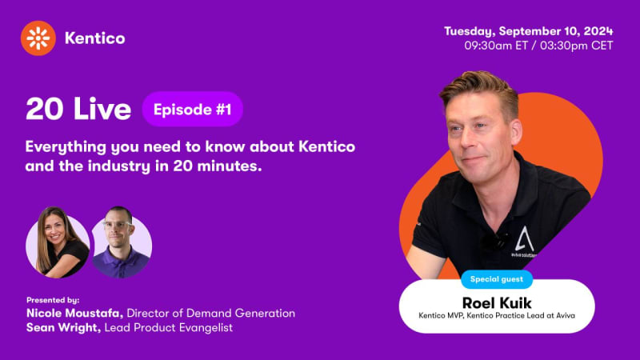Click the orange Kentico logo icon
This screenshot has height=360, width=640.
click(38, 38)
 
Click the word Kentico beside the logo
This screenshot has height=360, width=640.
click(94, 38)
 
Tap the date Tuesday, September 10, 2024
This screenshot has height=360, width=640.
click(529, 31)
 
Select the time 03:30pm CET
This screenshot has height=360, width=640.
click(576, 46)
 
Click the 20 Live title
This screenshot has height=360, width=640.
click(78, 109)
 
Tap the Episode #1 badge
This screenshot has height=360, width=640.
click(192, 110)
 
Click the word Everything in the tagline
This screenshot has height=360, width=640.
click(66, 147)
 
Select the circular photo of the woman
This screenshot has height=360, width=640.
click(58, 242)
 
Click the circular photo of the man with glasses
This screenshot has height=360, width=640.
click(122, 242)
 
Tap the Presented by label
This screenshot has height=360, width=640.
click(53, 300)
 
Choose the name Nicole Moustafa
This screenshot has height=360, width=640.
click(74, 314)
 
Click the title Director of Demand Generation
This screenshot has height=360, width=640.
click(211, 314)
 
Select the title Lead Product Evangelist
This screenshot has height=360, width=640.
click(169, 328)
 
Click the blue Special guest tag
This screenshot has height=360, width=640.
click(497, 279)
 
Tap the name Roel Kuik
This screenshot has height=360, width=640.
click(497, 303)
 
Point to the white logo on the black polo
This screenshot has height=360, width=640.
click(524, 241)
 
